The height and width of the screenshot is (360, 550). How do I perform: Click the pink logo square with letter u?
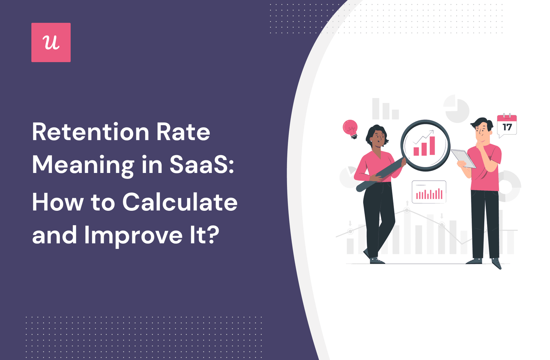click(51, 42)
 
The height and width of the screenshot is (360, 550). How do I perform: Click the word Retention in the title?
click(91, 132)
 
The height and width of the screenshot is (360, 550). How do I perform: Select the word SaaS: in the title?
click(201, 165)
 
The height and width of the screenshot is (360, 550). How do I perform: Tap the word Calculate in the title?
click(180, 202)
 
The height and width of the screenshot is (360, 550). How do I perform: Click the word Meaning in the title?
click(83, 166)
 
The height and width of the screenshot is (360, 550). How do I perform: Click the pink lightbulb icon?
click(350, 129)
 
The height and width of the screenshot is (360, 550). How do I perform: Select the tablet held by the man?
click(463, 159)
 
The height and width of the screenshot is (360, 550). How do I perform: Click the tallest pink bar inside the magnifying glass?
click(432, 146)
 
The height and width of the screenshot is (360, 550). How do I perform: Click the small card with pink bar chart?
click(429, 192)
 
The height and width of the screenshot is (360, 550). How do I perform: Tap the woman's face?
click(378, 139)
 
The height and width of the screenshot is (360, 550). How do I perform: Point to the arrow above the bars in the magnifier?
click(423, 137)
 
